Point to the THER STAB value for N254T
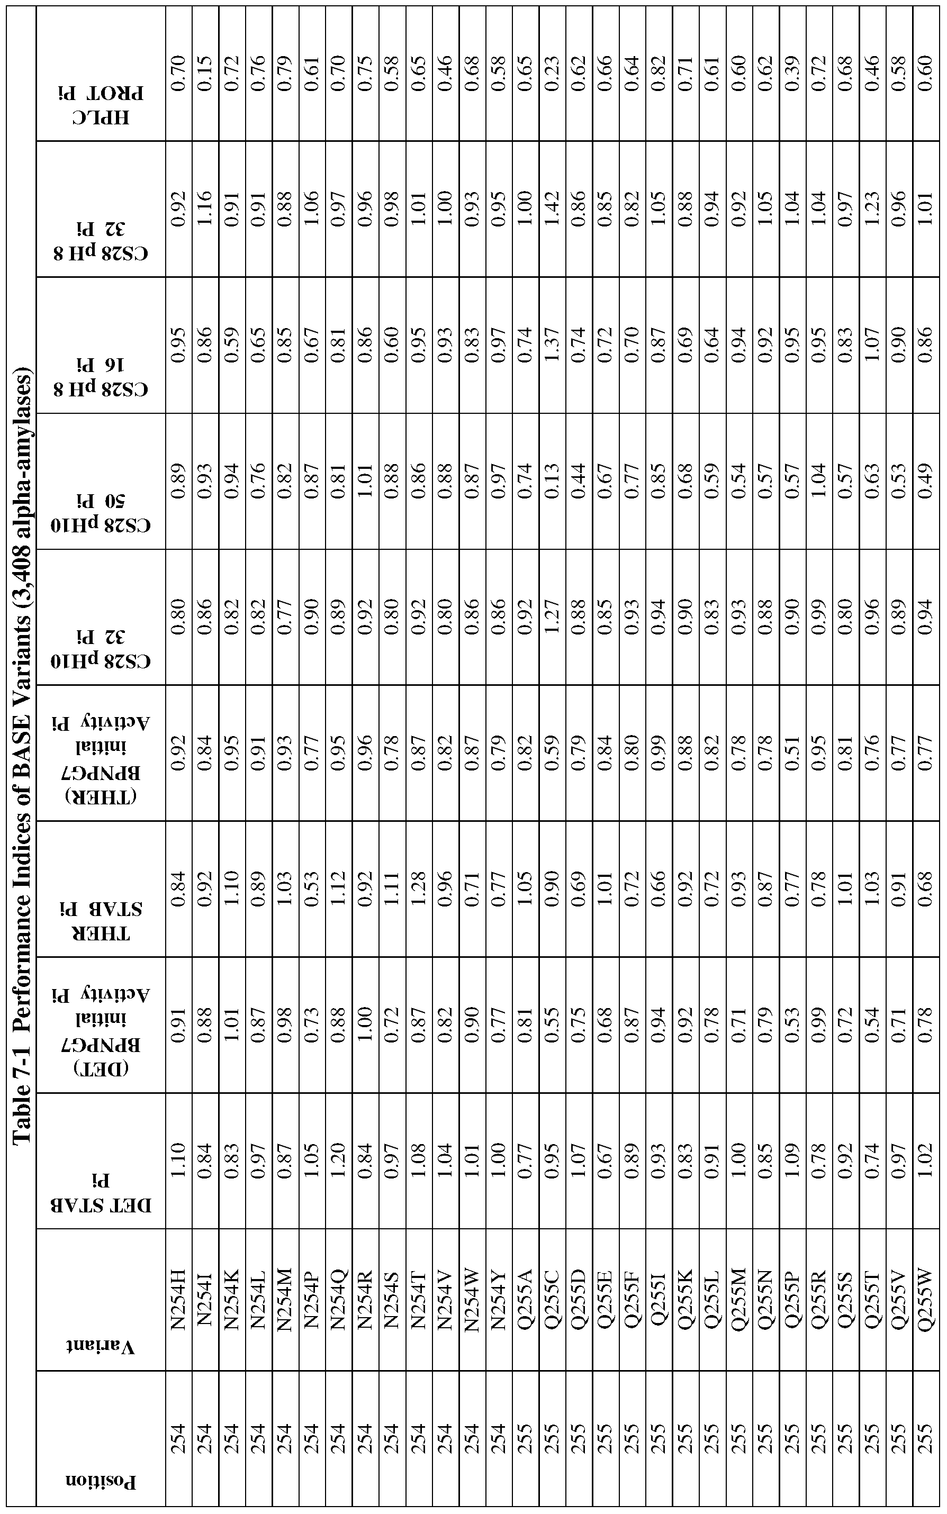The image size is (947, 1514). click(418, 889)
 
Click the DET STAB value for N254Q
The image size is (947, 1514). click(338, 1162)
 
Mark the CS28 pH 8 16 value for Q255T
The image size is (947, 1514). click(872, 344)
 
